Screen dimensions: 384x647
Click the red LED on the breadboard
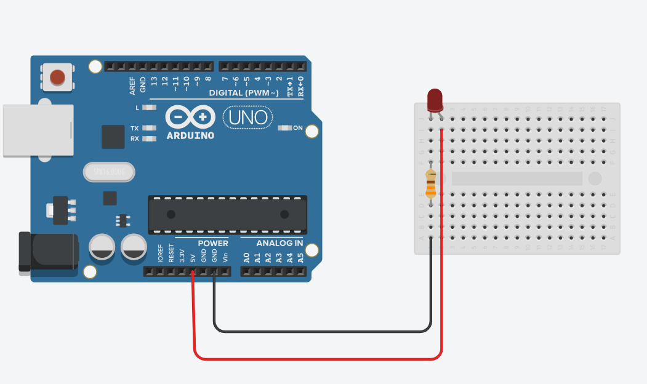[435, 98]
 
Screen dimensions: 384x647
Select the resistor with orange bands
[431, 183]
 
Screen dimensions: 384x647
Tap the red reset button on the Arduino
[57, 77]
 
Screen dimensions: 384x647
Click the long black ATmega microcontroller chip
[227, 214]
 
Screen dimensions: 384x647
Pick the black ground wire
[320, 331]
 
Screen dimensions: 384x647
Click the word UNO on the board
[247, 116]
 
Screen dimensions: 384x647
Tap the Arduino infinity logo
[190, 117]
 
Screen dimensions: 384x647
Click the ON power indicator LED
[285, 128]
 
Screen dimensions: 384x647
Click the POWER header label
[213, 243]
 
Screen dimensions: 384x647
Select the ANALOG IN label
[279, 243]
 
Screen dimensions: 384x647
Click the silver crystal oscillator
[108, 172]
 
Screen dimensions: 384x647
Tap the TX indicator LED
[149, 128]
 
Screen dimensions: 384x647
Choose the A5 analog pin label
[300, 258]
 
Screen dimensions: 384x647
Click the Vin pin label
[225, 257]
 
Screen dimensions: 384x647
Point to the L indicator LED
[149, 107]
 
